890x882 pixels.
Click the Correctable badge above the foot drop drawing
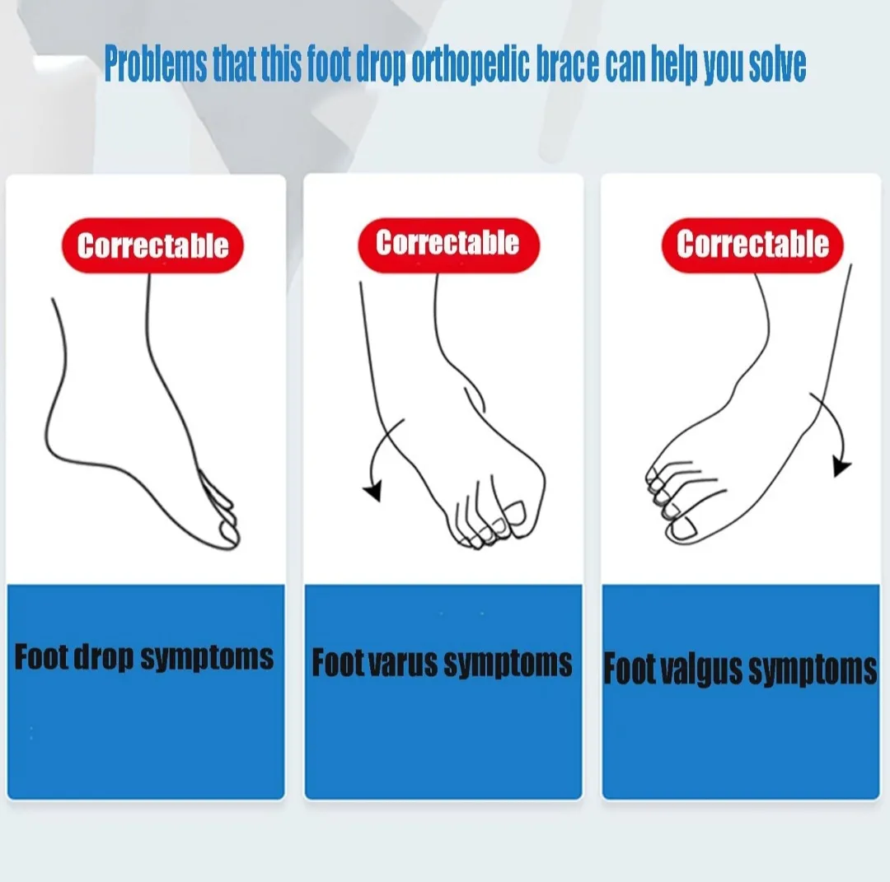coord(152,245)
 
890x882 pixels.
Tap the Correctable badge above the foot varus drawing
coord(447,244)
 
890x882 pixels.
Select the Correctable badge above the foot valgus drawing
coord(752,245)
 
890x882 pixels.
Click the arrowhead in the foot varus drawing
coord(372,492)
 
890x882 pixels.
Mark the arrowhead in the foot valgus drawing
coord(841,467)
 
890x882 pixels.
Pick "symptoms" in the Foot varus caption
coord(506,664)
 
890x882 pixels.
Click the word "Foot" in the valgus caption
coord(630,669)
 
